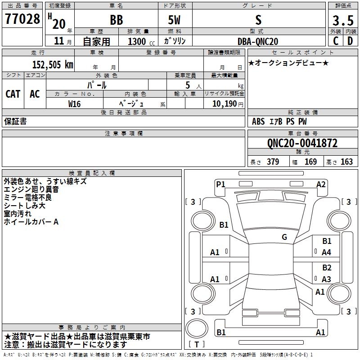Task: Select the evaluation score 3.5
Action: coord(342,20)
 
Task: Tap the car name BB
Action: coord(116,20)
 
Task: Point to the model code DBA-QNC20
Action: coord(258,41)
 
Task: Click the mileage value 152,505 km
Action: coord(53,64)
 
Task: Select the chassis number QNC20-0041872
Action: coord(302,143)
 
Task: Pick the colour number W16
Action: coord(75,103)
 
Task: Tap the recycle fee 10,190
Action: coord(223,103)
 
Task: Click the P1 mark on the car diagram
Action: coord(220,184)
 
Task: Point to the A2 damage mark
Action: coord(321,184)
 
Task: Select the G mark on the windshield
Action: coord(284,237)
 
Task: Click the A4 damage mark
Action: coord(326,252)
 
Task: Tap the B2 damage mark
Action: coord(326,268)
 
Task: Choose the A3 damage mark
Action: coord(326,279)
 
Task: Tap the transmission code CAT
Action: coord(13,94)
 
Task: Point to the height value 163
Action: coord(346,162)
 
